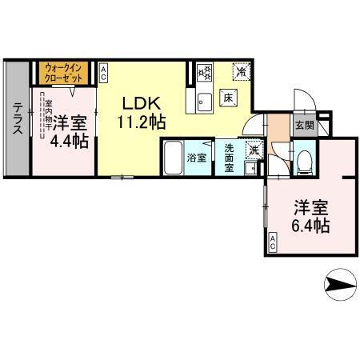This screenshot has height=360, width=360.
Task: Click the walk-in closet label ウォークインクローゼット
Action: pos(66,73)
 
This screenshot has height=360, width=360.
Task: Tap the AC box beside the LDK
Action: pos(104,74)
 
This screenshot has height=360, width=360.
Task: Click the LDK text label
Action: pos(144,103)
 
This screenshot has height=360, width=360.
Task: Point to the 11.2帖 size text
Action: pos(144,122)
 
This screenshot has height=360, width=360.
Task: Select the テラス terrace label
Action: pos(18,120)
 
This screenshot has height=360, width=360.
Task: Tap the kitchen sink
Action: pos(202,102)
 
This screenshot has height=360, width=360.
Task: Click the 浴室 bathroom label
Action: pos(197,157)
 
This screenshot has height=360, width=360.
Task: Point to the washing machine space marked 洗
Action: pos(251,149)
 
